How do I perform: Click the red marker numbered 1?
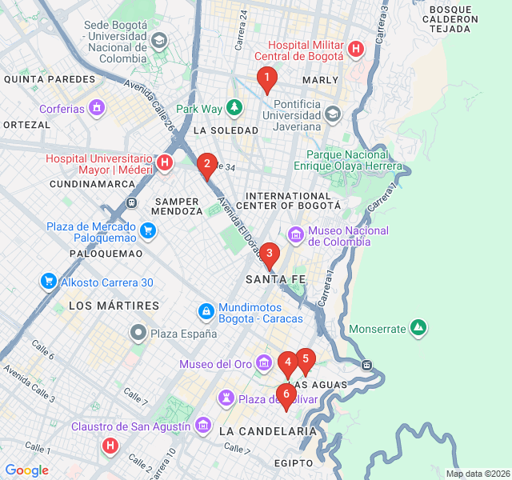(266, 78)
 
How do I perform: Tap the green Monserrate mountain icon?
(417, 328)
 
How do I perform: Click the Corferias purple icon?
(98, 108)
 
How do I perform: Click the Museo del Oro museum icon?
(265, 365)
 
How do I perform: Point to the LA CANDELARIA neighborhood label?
(267, 431)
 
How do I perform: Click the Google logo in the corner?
(26, 470)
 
